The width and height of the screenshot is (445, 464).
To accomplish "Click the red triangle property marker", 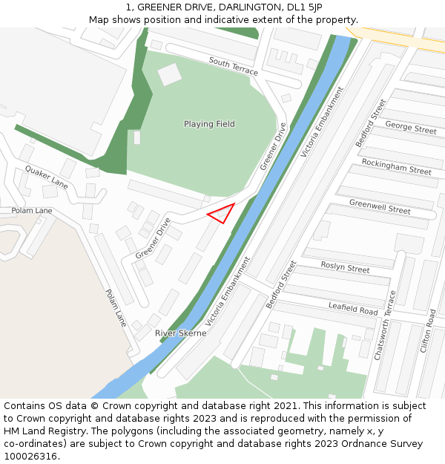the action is [x=222, y=214].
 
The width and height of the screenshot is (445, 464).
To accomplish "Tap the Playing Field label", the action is [x=209, y=124].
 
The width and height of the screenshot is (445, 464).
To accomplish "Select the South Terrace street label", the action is [x=233, y=66].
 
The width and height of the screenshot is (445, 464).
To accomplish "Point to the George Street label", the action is [x=410, y=128].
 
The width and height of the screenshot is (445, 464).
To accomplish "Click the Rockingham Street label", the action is [x=396, y=166].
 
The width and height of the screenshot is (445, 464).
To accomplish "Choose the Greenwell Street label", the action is [x=380, y=206].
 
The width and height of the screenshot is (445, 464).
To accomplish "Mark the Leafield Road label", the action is [x=353, y=308].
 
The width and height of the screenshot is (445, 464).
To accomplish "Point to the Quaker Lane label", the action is [x=46, y=177].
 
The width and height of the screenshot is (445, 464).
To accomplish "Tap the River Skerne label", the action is [x=180, y=333].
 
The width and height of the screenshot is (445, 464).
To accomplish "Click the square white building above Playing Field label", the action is [x=169, y=74].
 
